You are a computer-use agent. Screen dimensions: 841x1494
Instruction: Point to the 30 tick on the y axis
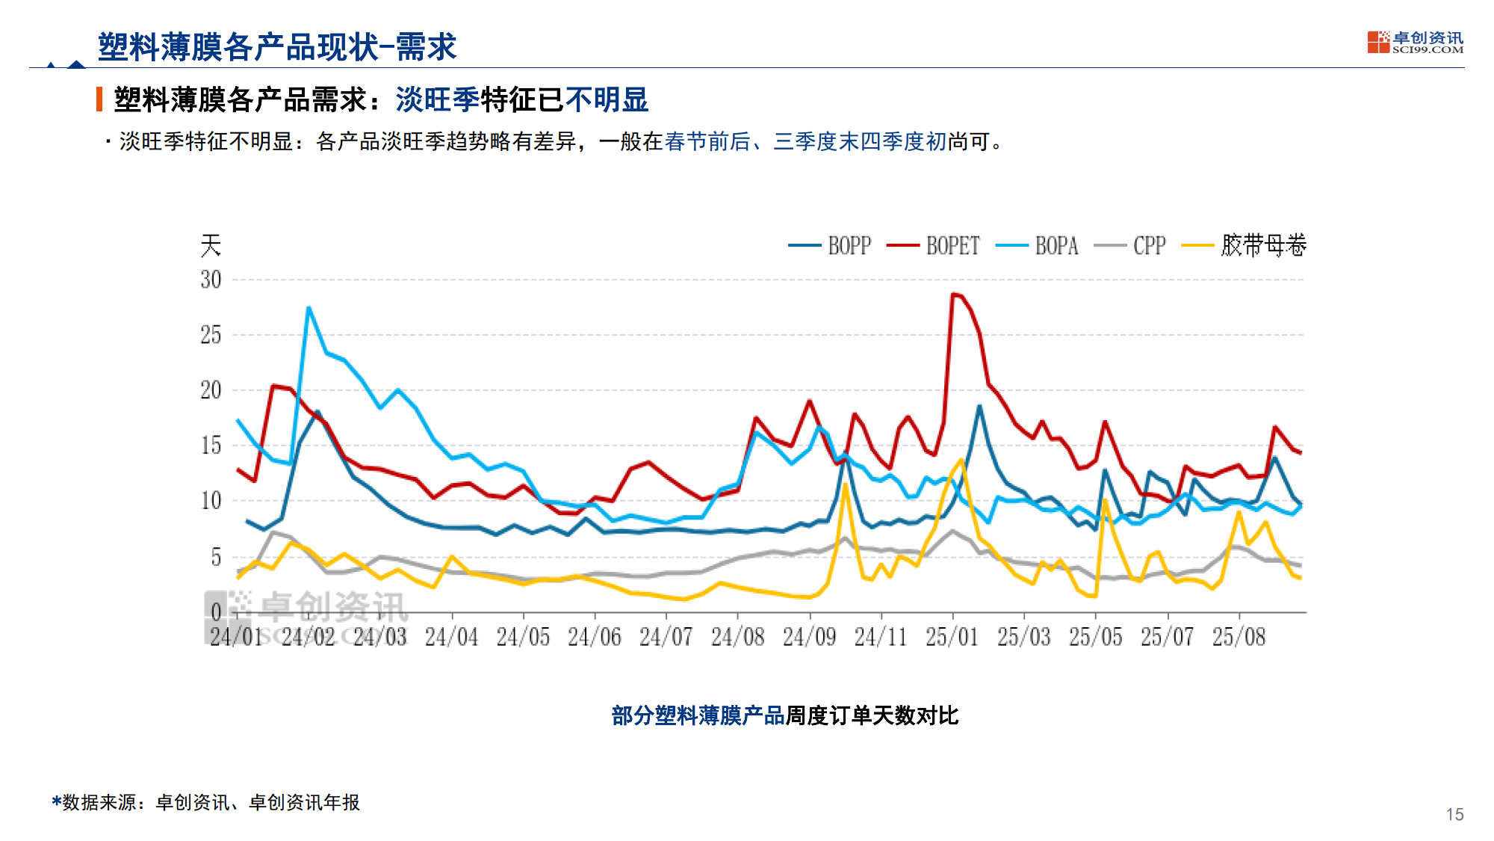(x=211, y=280)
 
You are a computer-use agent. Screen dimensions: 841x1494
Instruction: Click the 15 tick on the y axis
(x=211, y=446)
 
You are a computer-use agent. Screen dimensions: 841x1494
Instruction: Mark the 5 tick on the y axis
(x=215, y=557)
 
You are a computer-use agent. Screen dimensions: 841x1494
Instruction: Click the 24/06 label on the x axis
(x=594, y=637)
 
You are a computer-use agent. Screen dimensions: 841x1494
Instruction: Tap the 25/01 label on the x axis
(x=952, y=637)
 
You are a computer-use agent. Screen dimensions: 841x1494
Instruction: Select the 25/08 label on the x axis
(x=1239, y=637)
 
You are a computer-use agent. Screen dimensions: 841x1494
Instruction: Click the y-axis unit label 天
(x=211, y=245)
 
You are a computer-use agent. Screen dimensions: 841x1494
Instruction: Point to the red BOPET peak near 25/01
(x=953, y=295)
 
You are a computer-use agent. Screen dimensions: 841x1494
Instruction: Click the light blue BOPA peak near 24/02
(x=309, y=307)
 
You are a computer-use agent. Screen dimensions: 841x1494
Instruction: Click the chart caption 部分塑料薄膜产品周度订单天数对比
(x=784, y=715)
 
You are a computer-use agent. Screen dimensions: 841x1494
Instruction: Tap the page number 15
(x=1454, y=814)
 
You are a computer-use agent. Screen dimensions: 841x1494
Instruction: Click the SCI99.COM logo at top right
(x=1415, y=42)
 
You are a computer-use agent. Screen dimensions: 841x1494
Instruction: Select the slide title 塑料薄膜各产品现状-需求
(x=276, y=47)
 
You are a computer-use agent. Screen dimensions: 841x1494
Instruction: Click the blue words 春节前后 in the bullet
(x=707, y=141)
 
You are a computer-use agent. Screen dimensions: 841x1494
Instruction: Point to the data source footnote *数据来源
(x=205, y=802)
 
